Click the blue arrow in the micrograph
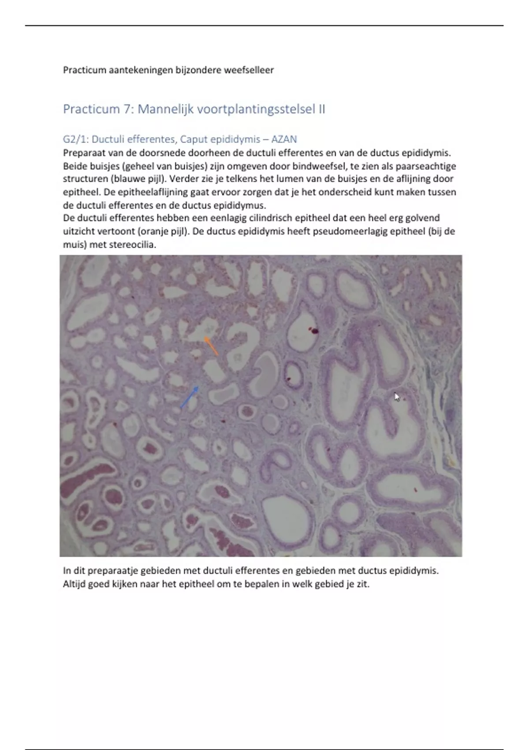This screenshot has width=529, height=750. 190,397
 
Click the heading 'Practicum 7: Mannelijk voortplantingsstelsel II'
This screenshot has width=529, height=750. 194,109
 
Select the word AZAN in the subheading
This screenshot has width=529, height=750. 284,139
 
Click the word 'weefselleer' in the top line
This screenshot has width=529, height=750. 249,70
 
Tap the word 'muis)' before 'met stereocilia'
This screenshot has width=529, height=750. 75,244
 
